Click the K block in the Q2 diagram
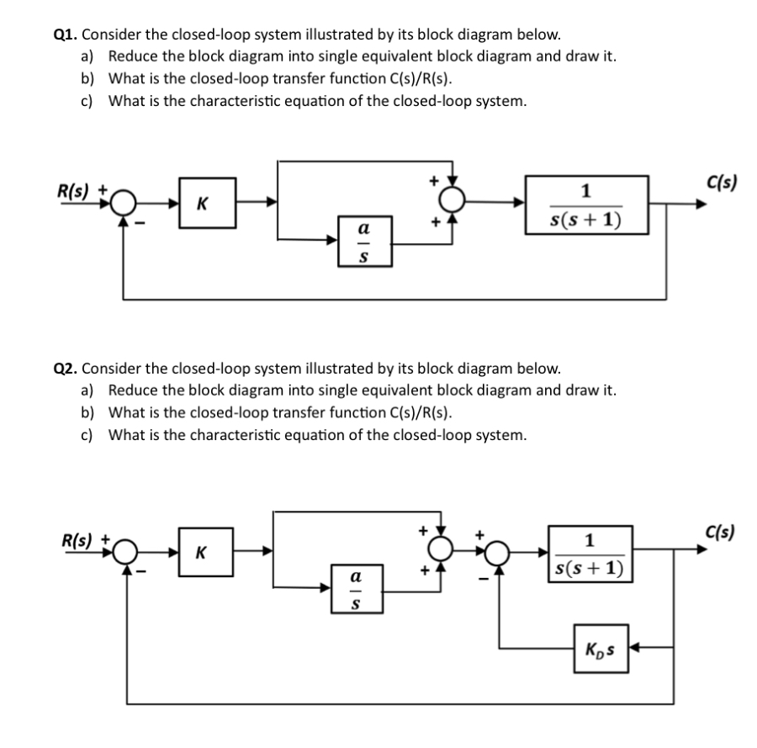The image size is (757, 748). click(x=200, y=554)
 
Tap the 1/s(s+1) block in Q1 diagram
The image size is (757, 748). click(x=587, y=204)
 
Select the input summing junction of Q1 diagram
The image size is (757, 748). click(x=125, y=204)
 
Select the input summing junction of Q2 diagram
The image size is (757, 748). click(x=126, y=553)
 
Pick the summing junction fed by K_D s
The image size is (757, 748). click(x=500, y=553)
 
